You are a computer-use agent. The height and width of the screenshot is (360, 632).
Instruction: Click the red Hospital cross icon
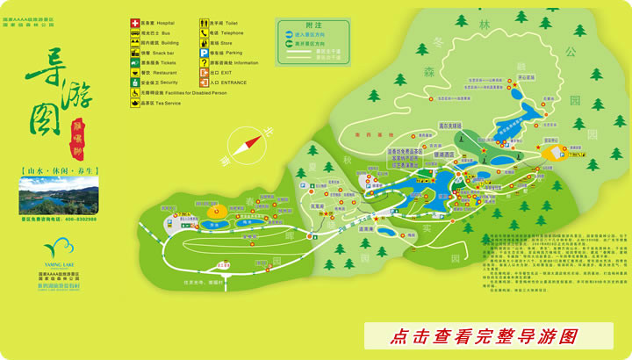[134, 23]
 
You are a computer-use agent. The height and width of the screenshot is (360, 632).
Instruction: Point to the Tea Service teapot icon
[134, 103]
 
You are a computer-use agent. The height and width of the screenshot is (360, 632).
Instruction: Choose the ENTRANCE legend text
[240, 83]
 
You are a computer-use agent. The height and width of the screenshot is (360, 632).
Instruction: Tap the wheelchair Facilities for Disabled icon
[134, 92]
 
